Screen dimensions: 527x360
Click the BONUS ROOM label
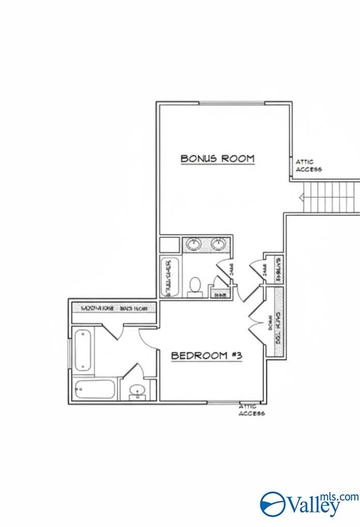click(217, 158)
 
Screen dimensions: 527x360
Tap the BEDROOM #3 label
click(206, 356)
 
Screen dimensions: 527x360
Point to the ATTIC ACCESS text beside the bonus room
click(308, 165)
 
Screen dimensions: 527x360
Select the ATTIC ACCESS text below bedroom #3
click(251, 410)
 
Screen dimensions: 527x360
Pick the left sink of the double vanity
click(194, 244)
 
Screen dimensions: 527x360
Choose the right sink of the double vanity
click(218, 244)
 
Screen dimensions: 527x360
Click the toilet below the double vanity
click(195, 286)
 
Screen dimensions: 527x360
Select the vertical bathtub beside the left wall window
click(83, 351)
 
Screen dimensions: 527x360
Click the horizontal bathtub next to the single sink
click(94, 389)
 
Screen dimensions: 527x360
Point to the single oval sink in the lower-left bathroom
click(137, 390)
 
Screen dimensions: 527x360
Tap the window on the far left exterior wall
click(69, 356)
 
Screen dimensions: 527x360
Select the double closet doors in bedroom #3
click(257, 323)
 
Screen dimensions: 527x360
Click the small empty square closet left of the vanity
click(168, 244)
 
